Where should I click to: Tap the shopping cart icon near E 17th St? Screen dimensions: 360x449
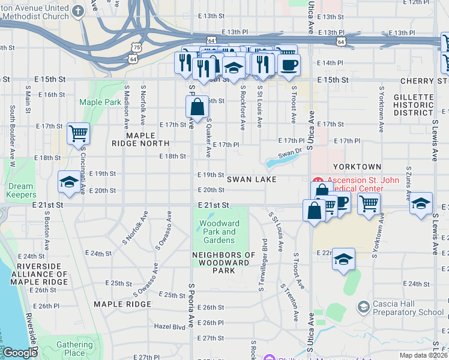tap(78, 133)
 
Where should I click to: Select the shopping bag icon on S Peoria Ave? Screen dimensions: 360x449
tap(197, 107)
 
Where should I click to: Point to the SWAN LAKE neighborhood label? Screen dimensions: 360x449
tap(252, 179)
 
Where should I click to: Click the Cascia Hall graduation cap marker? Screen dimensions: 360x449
tap(363, 307)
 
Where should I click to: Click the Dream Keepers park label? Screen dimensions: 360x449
tap(20, 190)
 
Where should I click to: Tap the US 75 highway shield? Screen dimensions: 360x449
tap(137, 47)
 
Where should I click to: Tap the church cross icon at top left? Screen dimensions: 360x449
tap(79, 11)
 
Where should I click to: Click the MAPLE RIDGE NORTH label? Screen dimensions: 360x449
tap(140, 139)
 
